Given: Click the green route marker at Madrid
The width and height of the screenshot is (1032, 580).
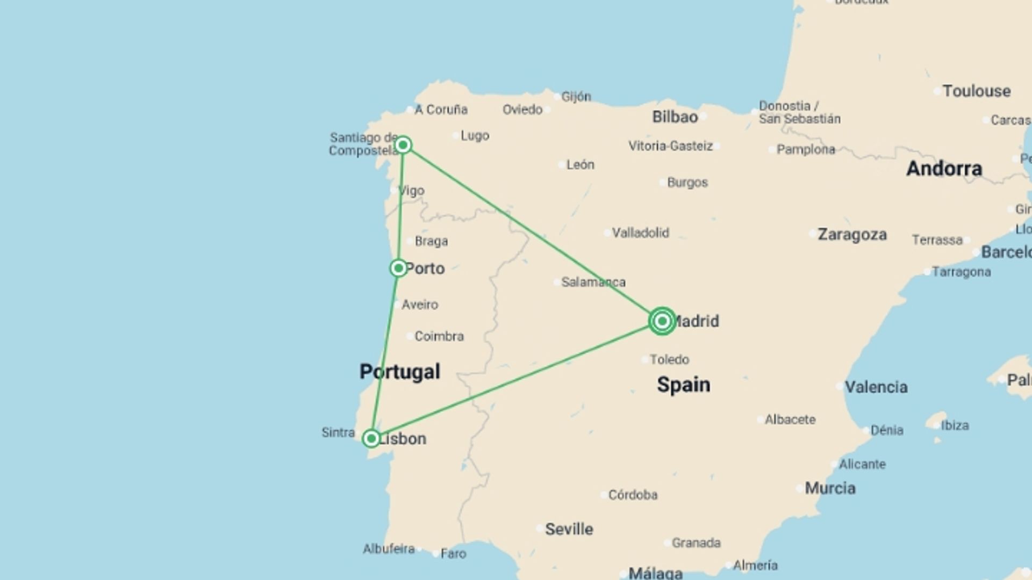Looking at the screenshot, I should click(662, 321).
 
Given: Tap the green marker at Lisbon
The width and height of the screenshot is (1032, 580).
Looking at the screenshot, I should click(371, 439).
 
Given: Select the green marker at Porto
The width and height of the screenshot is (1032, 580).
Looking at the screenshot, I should click(398, 268).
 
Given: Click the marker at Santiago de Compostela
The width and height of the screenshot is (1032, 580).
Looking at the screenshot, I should click(403, 145).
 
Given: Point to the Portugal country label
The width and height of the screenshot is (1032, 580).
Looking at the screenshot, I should click(399, 372).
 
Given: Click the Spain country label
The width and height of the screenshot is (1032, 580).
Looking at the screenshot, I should click(683, 385).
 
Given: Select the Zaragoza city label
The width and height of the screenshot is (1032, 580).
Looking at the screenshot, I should click(852, 235).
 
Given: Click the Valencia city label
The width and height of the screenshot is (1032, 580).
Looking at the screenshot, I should click(876, 387).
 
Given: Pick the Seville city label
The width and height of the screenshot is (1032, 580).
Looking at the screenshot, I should click(569, 529).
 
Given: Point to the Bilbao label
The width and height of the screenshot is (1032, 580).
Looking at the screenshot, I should click(675, 117).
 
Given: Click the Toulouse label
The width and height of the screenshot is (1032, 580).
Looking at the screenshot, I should click(976, 91).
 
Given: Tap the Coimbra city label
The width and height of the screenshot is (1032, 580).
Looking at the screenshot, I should click(439, 336).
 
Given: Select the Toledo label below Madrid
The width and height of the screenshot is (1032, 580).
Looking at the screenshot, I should click(669, 359).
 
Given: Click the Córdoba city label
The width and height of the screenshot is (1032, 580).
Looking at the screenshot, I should click(633, 495).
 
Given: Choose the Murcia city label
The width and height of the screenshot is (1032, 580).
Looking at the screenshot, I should click(830, 488).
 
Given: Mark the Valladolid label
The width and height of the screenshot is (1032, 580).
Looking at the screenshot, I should click(640, 233).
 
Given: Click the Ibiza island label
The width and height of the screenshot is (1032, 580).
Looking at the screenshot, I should click(955, 425).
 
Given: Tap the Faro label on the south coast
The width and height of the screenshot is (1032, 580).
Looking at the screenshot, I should click(453, 554).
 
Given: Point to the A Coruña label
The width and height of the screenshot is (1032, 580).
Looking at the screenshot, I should click(441, 110).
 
